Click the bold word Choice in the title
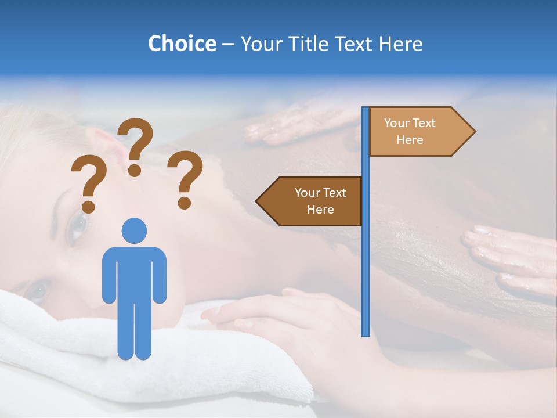(182, 44)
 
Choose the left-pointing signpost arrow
(310, 201)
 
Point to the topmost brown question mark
(136, 145)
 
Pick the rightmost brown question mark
(186, 178)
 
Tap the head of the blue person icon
(134, 230)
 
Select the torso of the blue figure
(134, 273)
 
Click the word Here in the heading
(400, 44)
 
